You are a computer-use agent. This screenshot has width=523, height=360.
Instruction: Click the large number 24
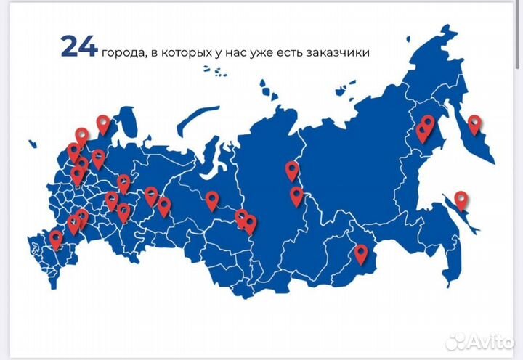[79, 46]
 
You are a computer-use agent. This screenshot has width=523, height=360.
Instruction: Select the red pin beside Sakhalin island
[461, 199]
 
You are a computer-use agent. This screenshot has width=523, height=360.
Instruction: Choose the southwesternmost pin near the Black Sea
[56, 239]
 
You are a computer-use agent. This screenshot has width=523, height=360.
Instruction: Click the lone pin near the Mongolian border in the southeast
[361, 254]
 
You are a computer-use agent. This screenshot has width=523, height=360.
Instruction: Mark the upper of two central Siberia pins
[292, 171]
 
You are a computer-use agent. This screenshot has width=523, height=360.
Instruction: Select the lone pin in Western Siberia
[211, 200]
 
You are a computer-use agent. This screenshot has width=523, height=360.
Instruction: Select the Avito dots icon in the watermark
[457, 342]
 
